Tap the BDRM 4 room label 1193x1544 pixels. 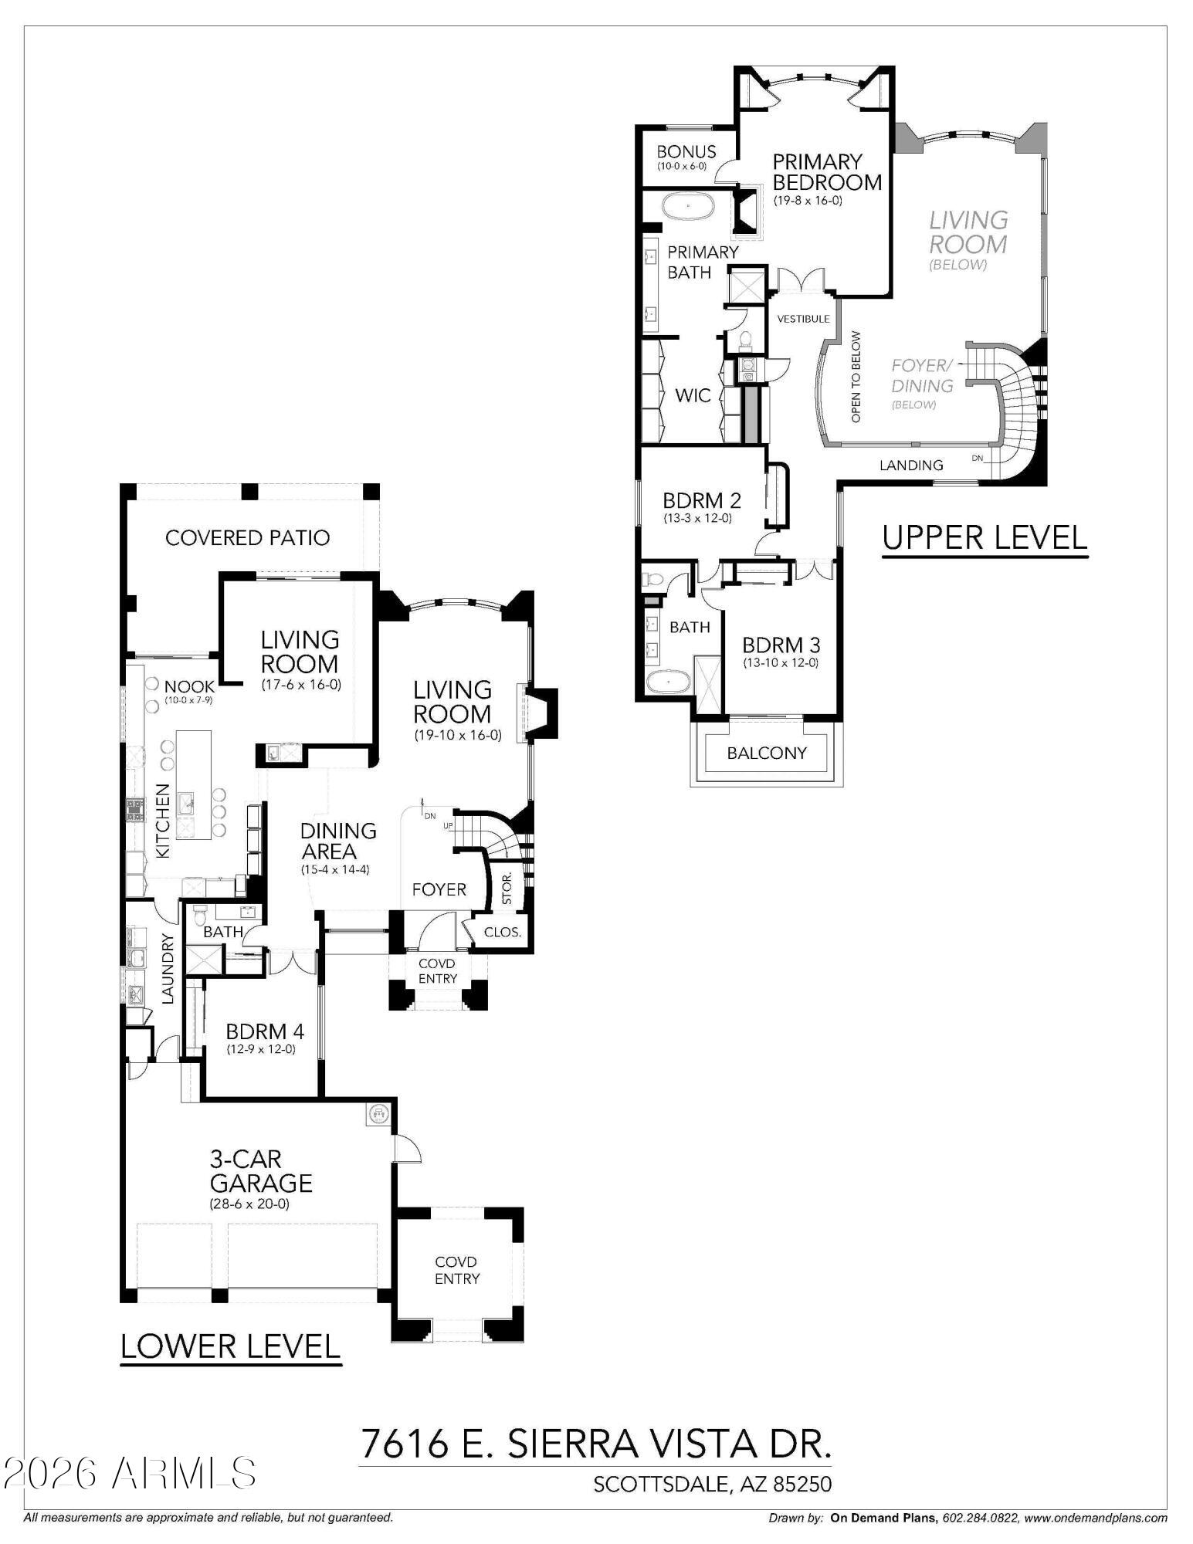(x=264, y=1031)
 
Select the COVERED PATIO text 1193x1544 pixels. (x=247, y=538)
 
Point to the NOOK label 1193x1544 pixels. (x=189, y=686)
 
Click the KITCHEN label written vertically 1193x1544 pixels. (x=163, y=821)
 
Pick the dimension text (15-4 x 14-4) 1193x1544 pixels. (x=336, y=869)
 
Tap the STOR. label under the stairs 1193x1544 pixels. (x=507, y=889)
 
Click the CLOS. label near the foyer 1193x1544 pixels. (x=502, y=932)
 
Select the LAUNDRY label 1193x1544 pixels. (x=168, y=969)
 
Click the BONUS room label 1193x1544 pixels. (x=686, y=152)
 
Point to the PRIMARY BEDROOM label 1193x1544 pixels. (x=826, y=172)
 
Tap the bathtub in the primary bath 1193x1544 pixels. (x=690, y=208)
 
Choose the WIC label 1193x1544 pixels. (x=693, y=396)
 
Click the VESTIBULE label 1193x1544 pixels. (x=803, y=319)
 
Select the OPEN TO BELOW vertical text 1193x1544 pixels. (x=856, y=377)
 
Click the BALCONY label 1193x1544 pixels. (x=766, y=753)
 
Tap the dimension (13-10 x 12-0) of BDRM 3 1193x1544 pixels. (x=781, y=662)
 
